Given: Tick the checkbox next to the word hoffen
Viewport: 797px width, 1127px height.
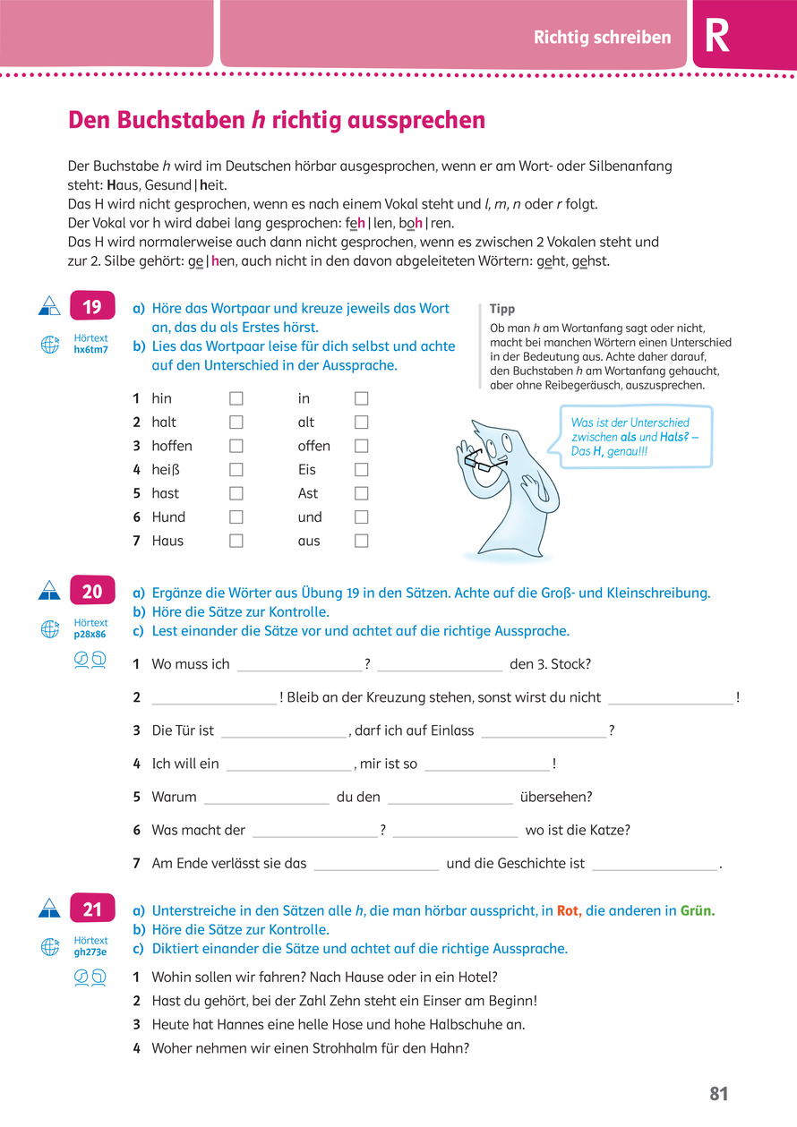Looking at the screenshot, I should click(236, 446).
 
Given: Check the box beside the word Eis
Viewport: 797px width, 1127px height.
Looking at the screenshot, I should click(361, 470).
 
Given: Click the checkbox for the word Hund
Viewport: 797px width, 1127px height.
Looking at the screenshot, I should click(236, 517).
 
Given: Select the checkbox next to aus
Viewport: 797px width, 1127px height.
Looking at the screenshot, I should click(361, 541).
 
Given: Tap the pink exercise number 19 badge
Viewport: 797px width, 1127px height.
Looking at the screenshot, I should click(92, 308).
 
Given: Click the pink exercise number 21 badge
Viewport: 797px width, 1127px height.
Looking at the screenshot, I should click(92, 909).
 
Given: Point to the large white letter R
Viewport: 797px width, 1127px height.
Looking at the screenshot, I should click(717, 37).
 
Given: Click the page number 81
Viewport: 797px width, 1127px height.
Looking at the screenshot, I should click(719, 1094).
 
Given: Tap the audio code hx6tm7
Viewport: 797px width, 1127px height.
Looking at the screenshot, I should click(90, 350).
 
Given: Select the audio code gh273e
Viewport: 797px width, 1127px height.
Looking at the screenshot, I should click(90, 952).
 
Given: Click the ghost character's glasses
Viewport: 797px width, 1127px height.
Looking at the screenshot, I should click(478, 460).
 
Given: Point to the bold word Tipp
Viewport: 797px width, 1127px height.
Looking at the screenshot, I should click(502, 309).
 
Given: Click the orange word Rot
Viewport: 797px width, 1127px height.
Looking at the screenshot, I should click(569, 910).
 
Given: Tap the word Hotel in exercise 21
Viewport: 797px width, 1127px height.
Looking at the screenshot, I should click(478, 977).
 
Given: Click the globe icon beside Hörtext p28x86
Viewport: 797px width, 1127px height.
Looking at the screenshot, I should click(50, 629).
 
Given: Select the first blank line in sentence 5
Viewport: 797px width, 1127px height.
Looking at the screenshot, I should click(267, 798).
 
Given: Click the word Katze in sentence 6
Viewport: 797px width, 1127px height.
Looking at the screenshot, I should click(609, 830).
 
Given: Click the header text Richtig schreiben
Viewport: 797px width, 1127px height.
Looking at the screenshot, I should click(602, 38).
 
